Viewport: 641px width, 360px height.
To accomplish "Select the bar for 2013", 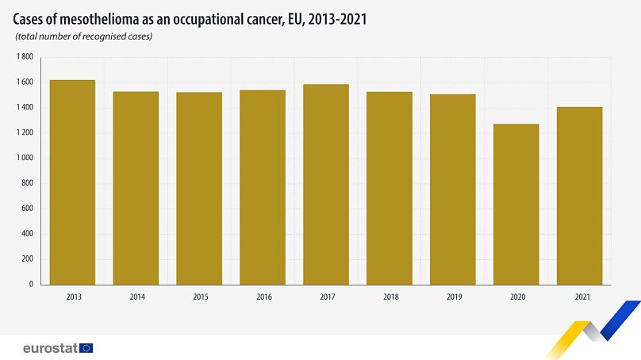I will point(72,182).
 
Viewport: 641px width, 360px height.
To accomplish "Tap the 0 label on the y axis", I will point(31,284).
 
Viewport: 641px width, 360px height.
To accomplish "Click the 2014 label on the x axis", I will point(136,297).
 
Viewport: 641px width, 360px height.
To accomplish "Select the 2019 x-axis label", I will point(453,297).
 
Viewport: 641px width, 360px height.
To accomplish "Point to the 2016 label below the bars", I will point(263,297).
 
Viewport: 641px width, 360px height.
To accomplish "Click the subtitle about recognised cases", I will point(83,36).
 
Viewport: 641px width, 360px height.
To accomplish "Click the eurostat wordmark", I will point(49,347).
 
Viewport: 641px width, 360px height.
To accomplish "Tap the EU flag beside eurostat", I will point(86,347).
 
